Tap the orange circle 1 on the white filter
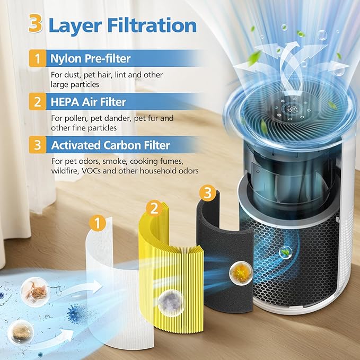tap(96, 223)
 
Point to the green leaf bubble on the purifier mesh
tap(286, 253)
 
